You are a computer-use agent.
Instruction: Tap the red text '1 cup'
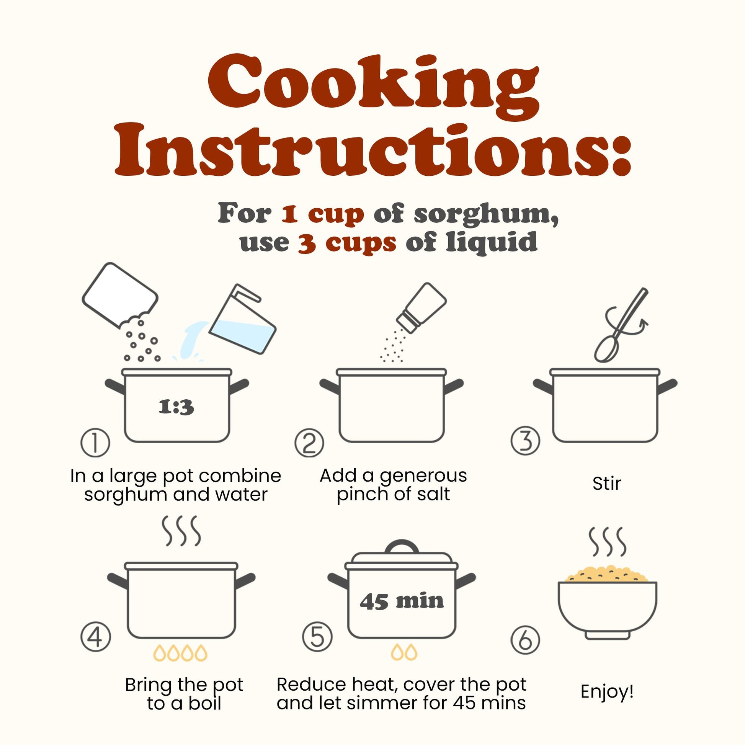click(322, 214)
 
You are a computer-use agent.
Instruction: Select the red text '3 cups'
click(347, 243)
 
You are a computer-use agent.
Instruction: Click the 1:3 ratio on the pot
click(176, 407)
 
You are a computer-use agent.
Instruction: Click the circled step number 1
click(95, 443)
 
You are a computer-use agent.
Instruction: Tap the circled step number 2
click(309, 443)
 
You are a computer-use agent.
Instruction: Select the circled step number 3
click(525, 441)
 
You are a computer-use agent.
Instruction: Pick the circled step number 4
click(96, 637)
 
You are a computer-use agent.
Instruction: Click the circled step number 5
click(317, 637)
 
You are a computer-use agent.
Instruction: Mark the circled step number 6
click(525, 640)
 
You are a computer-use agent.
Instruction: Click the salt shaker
click(422, 308)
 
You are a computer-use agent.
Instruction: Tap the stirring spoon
click(621, 325)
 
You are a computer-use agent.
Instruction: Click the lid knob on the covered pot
click(402, 547)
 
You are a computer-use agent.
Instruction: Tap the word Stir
click(606, 484)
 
